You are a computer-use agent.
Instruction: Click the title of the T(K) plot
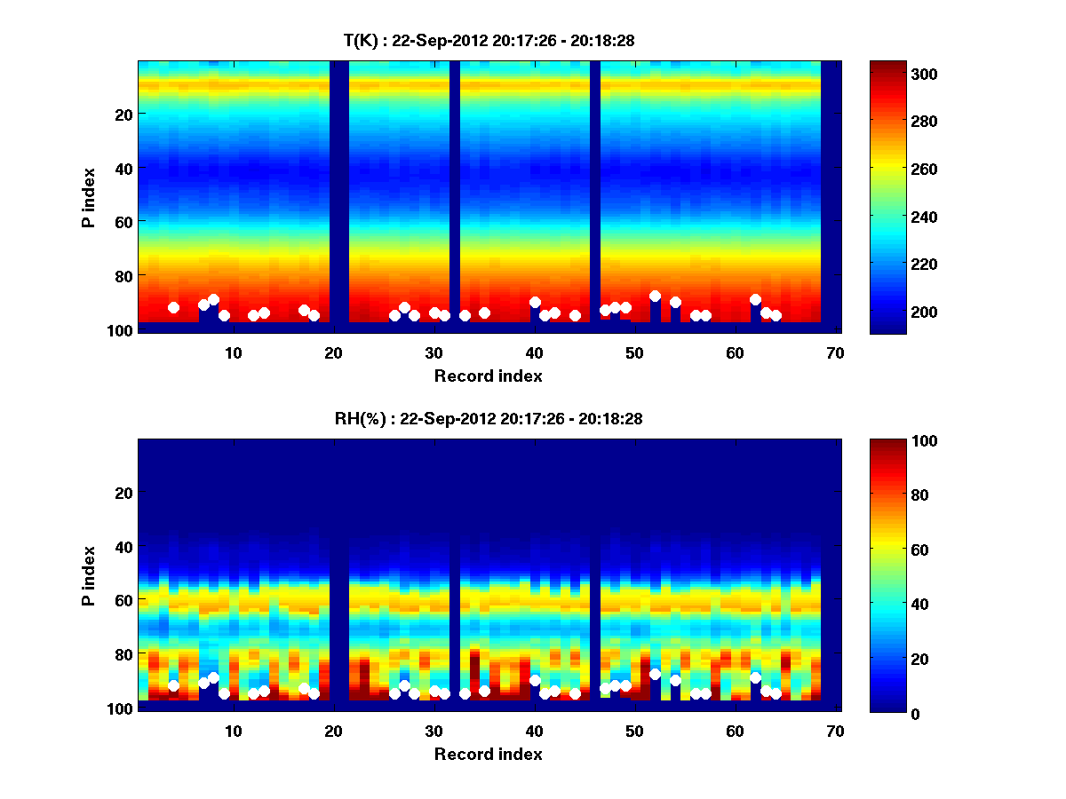489,40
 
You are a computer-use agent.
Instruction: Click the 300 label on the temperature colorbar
898,74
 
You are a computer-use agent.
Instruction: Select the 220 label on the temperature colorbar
898,264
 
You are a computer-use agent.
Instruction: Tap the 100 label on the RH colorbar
898,441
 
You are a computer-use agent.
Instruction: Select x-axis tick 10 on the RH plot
234,731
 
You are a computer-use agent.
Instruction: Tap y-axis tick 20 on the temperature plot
123,115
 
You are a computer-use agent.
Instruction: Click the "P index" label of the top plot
89,197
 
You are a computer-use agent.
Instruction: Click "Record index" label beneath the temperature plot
489,376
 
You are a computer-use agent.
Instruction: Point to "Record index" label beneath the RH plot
489,754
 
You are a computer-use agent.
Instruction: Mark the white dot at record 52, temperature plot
655,297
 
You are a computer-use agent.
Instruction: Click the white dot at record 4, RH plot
173,685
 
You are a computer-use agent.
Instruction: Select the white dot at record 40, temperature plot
535,302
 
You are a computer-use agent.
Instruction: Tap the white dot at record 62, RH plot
755,677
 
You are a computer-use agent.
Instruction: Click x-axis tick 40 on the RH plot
535,731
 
